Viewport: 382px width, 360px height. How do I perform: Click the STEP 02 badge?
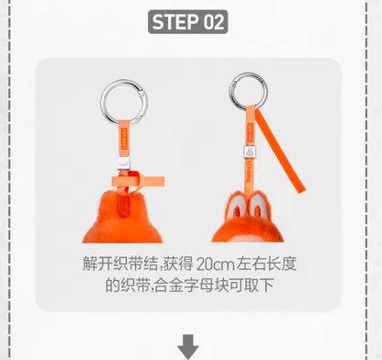click(187, 22)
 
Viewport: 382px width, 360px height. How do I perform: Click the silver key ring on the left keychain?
click(101, 103)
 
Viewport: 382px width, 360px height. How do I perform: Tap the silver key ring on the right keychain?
click(230, 92)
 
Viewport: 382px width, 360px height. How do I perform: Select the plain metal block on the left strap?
click(124, 163)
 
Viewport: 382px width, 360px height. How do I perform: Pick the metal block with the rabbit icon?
click(249, 152)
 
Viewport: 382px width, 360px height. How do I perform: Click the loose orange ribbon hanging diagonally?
click(281, 151)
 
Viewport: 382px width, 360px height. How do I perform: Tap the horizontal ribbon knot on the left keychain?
click(138, 182)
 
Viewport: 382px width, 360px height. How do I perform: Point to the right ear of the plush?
click(259, 206)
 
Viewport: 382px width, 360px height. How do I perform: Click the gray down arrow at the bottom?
click(188, 347)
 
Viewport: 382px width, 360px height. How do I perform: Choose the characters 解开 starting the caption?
click(97, 264)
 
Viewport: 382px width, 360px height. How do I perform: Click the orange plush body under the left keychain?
click(122, 222)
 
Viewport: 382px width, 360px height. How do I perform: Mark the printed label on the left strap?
click(124, 139)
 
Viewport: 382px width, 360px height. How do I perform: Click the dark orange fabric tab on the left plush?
click(123, 204)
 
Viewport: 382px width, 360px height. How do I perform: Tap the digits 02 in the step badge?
click(214, 22)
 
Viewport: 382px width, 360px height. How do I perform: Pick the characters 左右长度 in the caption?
click(266, 264)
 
